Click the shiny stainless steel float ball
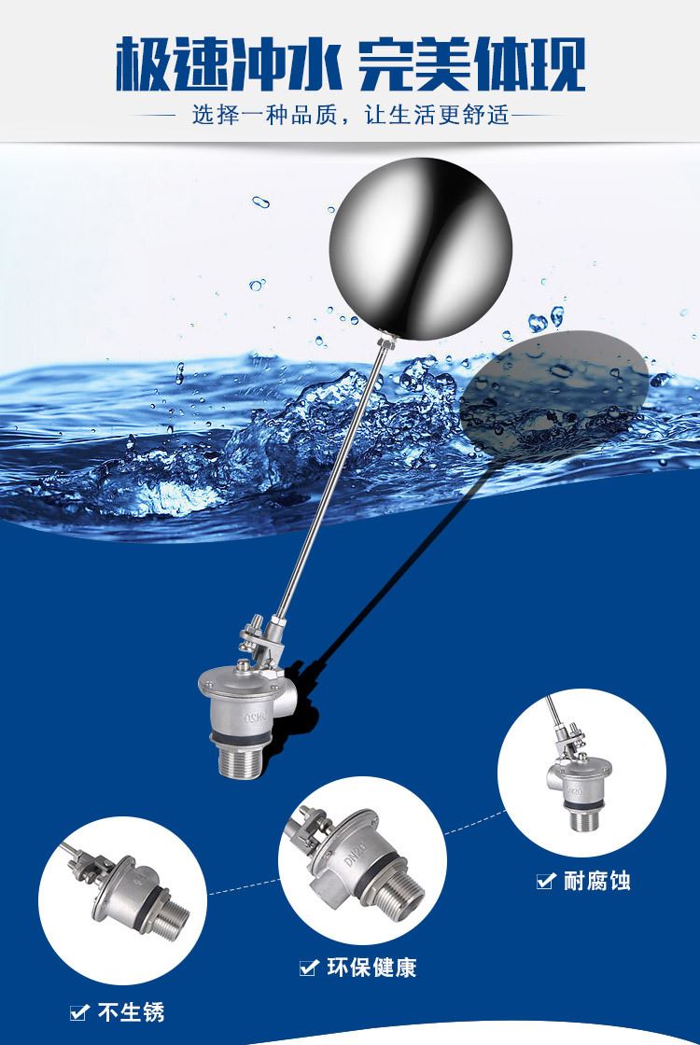pyautogui.click(x=420, y=249)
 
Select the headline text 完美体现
pyautogui.click(x=472, y=64)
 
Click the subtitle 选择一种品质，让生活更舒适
pyautogui.click(x=351, y=115)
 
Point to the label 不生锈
pyautogui.click(x=131, y=1012)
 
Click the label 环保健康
pyautogui.click(x=372, y=967)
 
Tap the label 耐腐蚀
pyautogui.click(x=596, y=881)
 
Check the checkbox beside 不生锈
pyautogui.click(x=79, y=1013)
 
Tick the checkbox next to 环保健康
pyautogui.click(x=308, y=968)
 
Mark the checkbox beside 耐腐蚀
pyautogui.click(x=545, y=881)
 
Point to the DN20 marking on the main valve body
pyautogui.click(x=256, y=718)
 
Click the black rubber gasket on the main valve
pyautogui.click(x=240, y=738)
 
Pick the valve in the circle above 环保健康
pyautogui.click(x=357, y=858)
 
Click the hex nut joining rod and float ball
pyautogui.click(x=386, y=343)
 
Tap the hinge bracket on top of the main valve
pyautogui.click(x=260, y=641)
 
